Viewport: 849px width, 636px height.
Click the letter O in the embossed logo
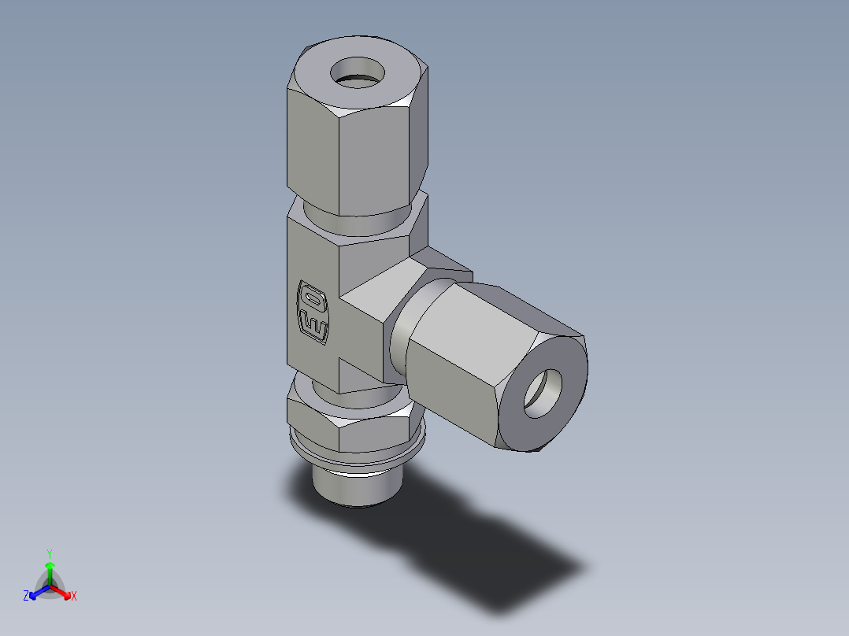click(x=313, y=300)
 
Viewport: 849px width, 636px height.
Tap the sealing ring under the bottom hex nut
click(x=358, y=460)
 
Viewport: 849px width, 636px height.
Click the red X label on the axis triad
click(x=74, y=597)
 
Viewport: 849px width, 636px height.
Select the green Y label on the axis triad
click(x=49, y=553)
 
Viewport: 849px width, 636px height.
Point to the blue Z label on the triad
click(x=26, y=596)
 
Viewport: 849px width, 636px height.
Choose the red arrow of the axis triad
click(x=62, y=591)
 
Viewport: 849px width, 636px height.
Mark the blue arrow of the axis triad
click(x=37, y=591)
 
